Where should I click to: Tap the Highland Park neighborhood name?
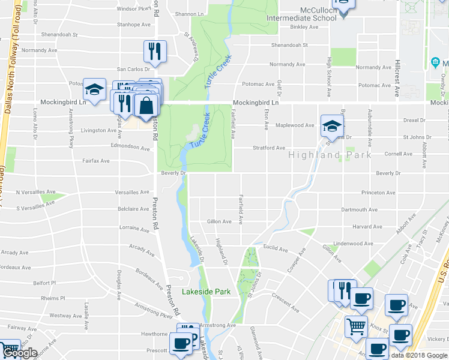point(330,155)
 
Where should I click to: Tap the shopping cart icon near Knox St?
point(356,327)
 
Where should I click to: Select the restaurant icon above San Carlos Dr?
point(154,52)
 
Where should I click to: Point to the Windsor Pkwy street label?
point(134,9)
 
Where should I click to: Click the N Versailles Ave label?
point(34,192)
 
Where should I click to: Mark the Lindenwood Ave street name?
point(353,244)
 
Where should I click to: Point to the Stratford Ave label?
point(268,148)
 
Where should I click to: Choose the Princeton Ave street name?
point(378,193)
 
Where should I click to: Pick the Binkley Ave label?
point(303,28)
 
